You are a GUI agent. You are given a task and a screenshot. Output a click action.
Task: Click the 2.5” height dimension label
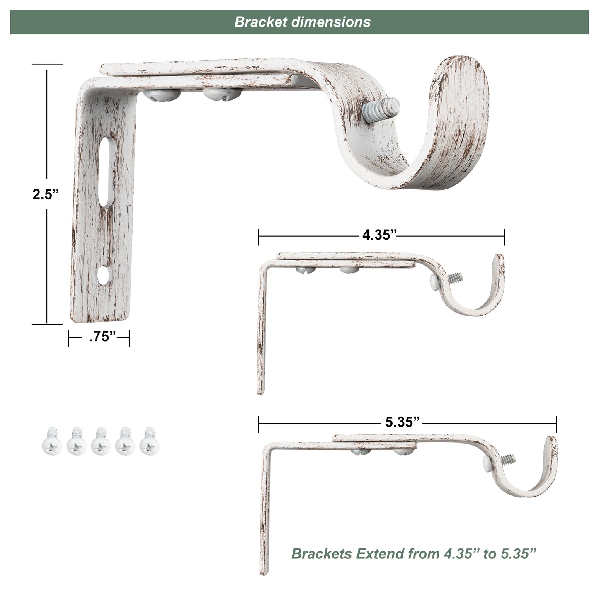(x=45, y=194)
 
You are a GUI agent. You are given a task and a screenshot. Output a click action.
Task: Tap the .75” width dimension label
(x=102, y=337)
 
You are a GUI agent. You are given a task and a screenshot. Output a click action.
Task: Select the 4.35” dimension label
(x=380, y=235)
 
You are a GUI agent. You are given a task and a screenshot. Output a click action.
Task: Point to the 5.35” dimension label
(x=403, y=422)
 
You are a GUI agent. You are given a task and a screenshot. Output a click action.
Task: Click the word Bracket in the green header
(x=261, y=22)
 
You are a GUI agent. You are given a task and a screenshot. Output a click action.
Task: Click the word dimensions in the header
(x=331, y=22)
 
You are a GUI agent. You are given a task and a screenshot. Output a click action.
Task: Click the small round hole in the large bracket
(x=104, y=275)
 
